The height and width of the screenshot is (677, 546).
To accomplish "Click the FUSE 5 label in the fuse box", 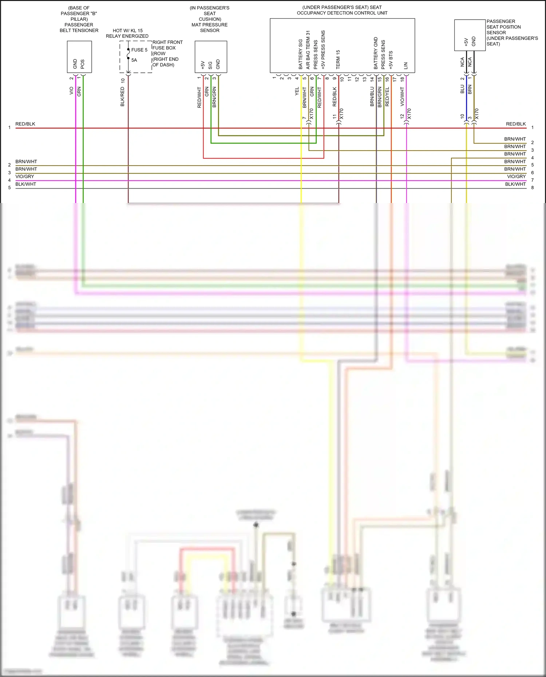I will (x=139, y=50).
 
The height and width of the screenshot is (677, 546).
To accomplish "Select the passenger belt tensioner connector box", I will (x=79, y=57).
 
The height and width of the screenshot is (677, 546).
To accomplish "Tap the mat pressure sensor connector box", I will (x=211, y=57).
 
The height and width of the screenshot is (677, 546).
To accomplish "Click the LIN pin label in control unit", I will (x=405, y=66).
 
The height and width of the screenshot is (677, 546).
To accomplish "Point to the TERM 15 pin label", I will (x=338, y=60).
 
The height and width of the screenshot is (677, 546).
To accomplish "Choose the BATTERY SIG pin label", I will (x=301, y=54).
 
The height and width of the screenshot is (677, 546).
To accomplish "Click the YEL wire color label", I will (x=297, y=91).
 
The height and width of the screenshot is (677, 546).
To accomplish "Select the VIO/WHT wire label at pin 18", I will (x=402, y=96).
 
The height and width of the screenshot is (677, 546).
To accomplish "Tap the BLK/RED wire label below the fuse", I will (x=123, y=97).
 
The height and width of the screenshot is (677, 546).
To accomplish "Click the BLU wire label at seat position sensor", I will (x=462, y=89).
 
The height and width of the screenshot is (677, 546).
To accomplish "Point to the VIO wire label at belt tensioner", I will (x=71, y=91).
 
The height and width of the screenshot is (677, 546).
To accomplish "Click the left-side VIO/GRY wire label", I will (x=25, y=176).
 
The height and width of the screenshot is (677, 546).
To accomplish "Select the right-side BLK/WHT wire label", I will (x=515, y=184).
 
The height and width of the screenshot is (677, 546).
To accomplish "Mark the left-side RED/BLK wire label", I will (x=25, y=124).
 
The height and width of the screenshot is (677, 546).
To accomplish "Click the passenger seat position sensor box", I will (x=470, y=35).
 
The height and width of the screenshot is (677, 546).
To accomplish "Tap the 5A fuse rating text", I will (x=134, y=60).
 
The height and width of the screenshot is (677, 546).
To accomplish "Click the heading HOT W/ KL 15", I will (x=127, y=31).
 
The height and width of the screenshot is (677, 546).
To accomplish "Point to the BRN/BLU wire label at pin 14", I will (x=372, y=96).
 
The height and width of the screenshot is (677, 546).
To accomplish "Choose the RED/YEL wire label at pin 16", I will (x=387, y=96).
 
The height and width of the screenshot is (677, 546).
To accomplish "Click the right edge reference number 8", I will (x=532, y=188).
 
